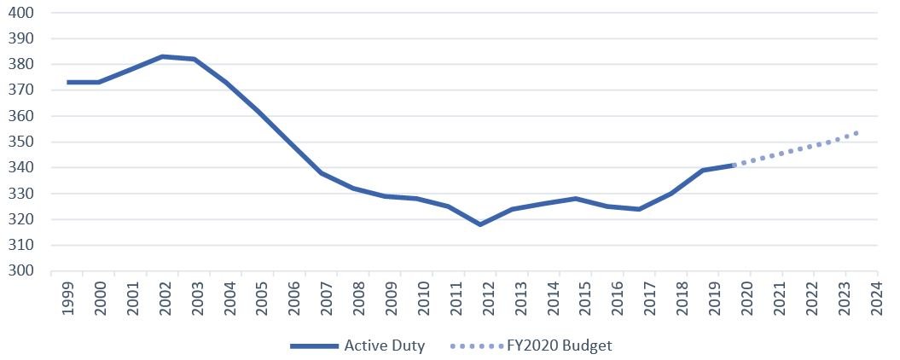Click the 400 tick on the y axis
click(20, 12)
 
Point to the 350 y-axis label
click(20, 142)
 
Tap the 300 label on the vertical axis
click(20, 271)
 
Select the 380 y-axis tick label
click(20, 64)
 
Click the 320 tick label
click(20, 219)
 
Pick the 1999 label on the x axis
click(67, 299)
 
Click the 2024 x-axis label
click(875, 299)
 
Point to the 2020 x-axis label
click(748, 299)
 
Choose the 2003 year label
click(195, 299)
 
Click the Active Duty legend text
click(385, 345)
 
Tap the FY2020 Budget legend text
click(560, 345)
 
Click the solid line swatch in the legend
click(314, 345)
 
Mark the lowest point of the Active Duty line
click(480, 224)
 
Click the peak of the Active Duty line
click(163, 56)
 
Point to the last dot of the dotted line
click(856, 133)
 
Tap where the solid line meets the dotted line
click(734, 165)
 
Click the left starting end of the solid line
click(67, 82)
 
